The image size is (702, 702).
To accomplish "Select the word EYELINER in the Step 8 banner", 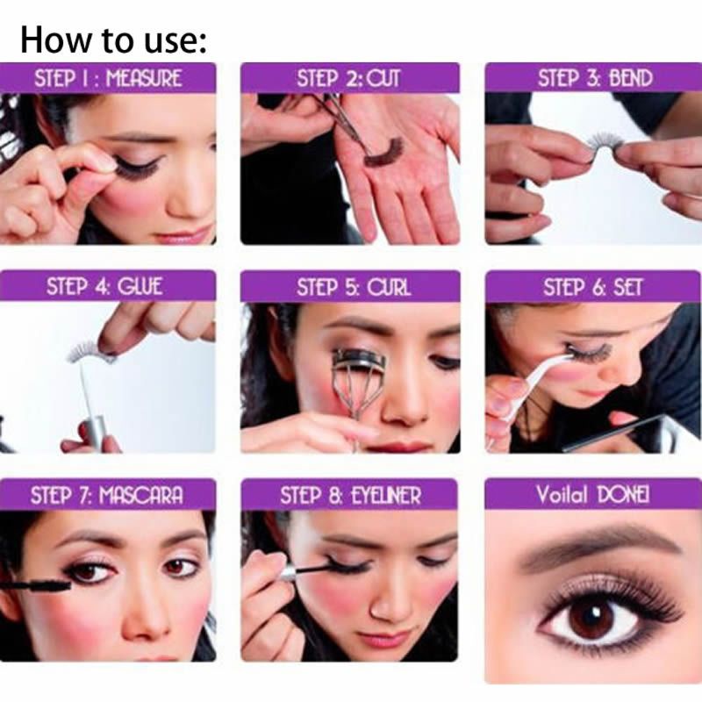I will click(x=387, y=495).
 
